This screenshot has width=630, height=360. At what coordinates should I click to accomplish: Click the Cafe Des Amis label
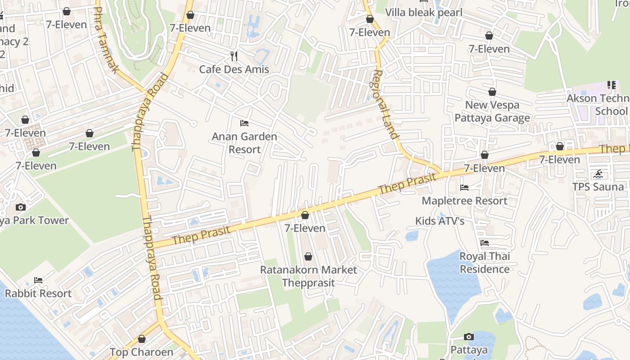234,69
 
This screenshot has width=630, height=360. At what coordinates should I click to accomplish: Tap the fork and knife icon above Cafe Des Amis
234,56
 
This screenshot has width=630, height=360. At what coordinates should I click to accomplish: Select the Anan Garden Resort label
244,143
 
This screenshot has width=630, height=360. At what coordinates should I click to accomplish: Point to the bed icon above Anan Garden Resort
244,123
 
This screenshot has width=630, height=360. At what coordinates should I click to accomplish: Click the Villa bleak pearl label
423,12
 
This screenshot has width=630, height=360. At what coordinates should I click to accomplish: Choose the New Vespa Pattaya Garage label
492,111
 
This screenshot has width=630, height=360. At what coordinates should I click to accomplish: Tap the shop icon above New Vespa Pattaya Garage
492,92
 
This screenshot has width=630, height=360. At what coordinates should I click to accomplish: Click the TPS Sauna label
598,187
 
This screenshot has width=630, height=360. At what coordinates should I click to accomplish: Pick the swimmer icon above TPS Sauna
598,174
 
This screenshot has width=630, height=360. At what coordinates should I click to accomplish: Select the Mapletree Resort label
464,201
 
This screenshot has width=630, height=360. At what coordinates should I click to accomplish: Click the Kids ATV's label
440,221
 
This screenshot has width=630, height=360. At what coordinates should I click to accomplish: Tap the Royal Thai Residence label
485,262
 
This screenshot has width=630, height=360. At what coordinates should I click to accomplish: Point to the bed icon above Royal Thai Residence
485,243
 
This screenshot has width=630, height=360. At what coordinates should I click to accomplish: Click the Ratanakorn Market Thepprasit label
309,276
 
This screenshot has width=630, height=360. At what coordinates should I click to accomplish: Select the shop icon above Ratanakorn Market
308,257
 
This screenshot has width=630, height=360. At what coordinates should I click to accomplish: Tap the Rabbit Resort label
38,293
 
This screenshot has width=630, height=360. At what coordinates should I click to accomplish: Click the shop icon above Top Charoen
142,339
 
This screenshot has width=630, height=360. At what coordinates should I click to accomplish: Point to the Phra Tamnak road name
107,40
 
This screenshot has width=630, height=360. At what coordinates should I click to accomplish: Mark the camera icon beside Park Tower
20,207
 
